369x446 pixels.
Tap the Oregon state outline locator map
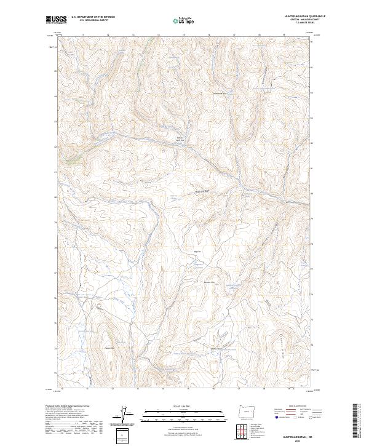click(244, 412)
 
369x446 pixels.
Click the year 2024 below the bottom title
click(300, 439)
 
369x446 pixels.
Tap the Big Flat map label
click(197, 252)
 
